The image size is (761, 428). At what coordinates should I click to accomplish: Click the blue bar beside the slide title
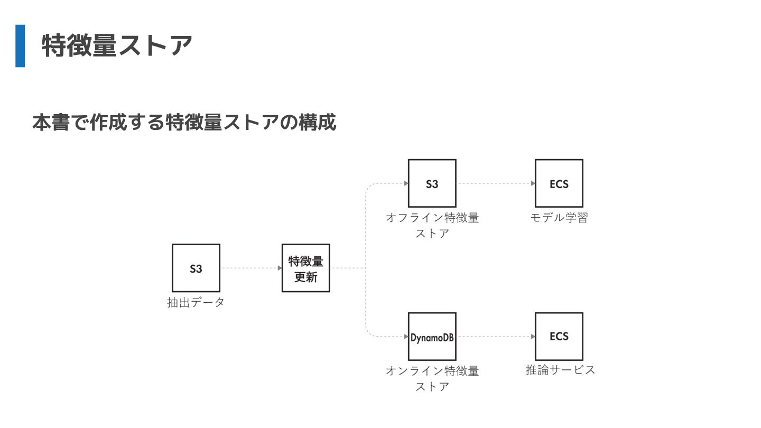tap(20, 45)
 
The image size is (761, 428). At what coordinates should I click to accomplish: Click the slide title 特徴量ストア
tap(116, 45)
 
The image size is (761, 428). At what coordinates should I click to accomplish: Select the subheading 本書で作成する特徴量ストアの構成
tap(184, 123)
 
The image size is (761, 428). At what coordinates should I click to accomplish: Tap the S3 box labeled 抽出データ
tap(196, 268)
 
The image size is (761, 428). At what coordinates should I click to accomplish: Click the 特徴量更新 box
tap(305, 268)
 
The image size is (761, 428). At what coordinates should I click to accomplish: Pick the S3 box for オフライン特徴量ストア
tap(432, 183)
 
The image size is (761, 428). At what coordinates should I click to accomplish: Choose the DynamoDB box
tap(432, 337)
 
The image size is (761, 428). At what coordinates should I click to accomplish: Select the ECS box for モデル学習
tap(559, 183)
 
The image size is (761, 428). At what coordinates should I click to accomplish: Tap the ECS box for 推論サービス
tap(559, 337)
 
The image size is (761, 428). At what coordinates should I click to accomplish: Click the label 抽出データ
tap(196, 303)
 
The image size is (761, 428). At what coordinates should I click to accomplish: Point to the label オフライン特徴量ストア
tap(432, 225)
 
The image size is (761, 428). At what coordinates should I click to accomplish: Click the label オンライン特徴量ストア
tap(432, 378)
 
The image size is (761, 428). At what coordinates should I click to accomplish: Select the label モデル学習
tap(559, 218)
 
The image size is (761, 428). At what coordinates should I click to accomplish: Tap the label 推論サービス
tap(560, 370)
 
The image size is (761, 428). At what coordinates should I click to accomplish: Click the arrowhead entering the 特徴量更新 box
tap(280, 268)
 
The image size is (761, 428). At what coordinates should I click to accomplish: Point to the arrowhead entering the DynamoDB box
tap(406, 337)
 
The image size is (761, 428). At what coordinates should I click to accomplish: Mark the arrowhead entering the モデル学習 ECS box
tap(533, 183)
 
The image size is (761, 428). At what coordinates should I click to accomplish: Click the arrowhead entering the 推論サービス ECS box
tap(533, 337)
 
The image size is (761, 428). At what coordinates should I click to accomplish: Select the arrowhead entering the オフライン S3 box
tap(406, 183)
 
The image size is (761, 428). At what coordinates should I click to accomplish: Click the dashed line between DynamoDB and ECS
tap(494, 337)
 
